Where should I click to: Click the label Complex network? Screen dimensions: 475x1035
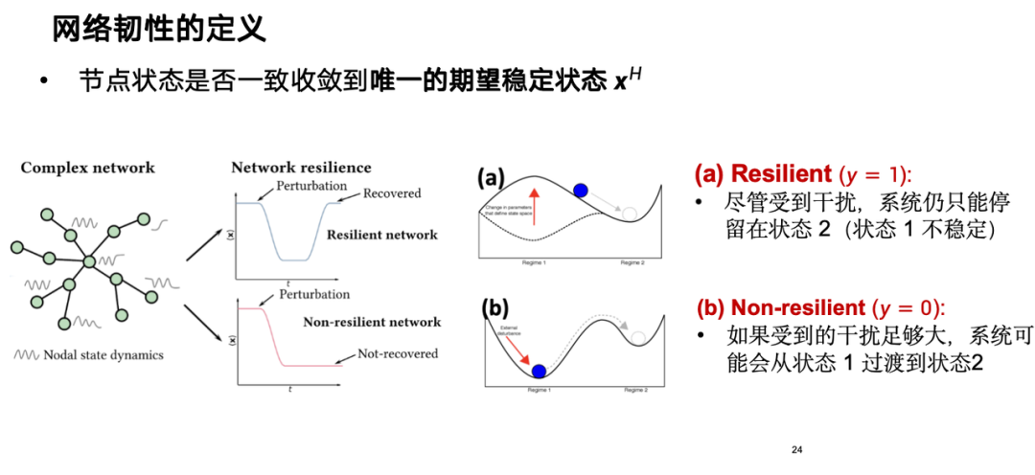(87, 169)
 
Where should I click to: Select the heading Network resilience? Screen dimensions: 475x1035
(301, 168)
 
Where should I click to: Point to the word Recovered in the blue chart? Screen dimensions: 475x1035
(392, 193)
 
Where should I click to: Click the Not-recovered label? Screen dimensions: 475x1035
(398, 353)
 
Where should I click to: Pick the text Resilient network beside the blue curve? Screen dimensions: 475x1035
(381, 235)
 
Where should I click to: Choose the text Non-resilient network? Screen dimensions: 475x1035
(372, 322)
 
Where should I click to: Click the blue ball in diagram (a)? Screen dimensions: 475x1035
(580, 191)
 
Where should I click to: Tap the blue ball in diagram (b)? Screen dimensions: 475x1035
(540, 371)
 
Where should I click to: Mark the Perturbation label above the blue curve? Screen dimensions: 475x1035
(311, 184)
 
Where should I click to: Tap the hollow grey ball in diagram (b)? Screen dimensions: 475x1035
(639, 337)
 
